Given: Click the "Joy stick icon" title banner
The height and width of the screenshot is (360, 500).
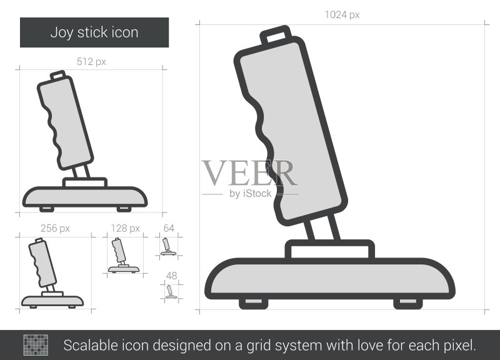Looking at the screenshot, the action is coord(94,32).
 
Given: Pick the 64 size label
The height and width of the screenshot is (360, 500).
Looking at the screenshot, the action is coord(169,228).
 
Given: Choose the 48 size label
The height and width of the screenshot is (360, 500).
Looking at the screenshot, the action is coord(171,276).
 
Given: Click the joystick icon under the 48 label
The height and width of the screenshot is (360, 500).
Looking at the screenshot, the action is coord(171,292).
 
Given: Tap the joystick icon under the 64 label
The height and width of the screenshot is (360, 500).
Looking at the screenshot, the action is coord(168,246).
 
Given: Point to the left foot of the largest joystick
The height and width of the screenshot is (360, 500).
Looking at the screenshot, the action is coord(253,303).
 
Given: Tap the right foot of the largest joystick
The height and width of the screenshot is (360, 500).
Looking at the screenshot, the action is coord(408,303).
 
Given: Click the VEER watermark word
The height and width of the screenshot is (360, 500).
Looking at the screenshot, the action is coord(249,173).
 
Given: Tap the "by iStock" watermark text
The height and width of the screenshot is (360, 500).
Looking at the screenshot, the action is coord(251,194).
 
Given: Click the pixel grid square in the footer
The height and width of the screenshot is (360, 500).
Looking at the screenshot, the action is coord(36,345).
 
